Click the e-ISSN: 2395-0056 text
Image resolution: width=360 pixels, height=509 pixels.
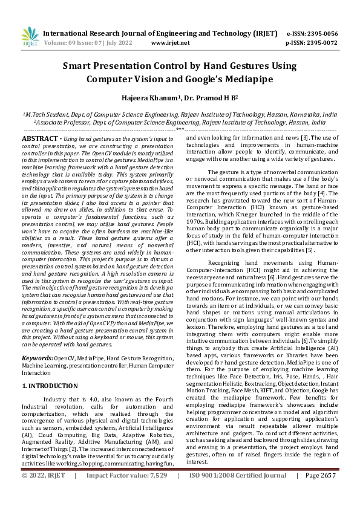tap(312, 33)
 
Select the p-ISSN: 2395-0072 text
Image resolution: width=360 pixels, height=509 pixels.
tap(312, 44)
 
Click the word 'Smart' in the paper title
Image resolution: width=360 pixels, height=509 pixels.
tap(79, 66)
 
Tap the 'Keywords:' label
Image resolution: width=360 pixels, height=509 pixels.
tap(38, 342)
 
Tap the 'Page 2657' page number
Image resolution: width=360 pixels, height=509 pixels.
tap(321, 493)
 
